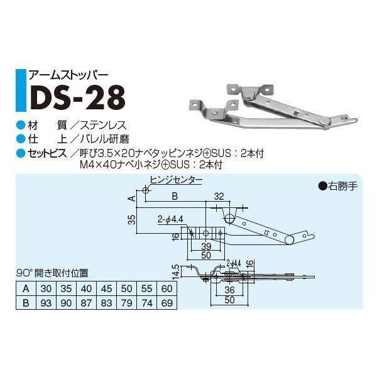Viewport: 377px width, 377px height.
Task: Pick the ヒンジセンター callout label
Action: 177,180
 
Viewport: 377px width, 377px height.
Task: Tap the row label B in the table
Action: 25,302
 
